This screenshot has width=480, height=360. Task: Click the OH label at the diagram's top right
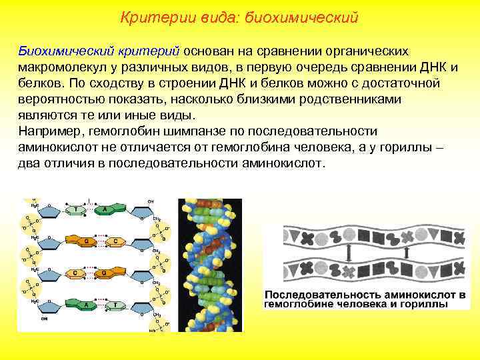(x=151, y=201)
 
